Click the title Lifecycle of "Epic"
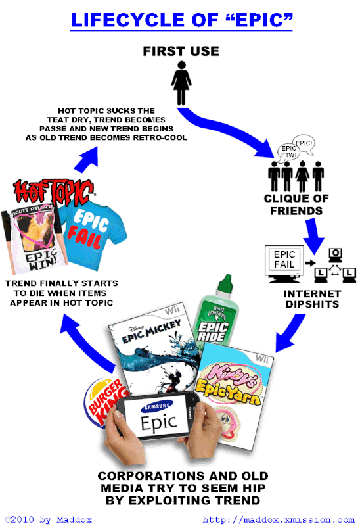point(182,20)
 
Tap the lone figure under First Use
point(181,84)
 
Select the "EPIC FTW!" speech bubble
point(288,152)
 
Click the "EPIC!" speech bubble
point(304,144)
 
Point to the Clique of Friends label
point(296,204)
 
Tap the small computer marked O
point(335,256)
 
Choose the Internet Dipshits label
point(313,299)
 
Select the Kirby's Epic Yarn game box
point(235,396)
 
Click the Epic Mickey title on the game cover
point(151,331)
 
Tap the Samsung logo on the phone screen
point(157,406)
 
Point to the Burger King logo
point(104,403)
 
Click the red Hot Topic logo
point(53,192)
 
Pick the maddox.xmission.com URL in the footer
point(279,519)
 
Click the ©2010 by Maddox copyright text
point(49,519)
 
